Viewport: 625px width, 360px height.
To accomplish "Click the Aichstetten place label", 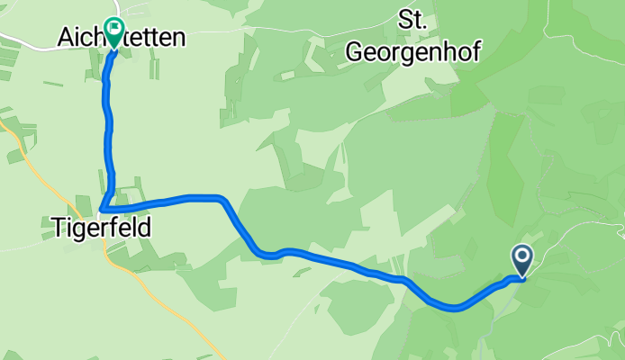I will click(122, 37).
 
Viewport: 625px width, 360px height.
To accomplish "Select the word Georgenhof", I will click(413, 52).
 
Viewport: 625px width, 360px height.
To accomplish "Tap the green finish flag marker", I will click(114, 32).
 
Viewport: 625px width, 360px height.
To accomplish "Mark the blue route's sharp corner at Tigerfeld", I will click(104, 210).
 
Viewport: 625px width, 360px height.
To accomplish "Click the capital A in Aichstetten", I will click(65, 37).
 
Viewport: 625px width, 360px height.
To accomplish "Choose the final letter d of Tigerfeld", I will click(143, 229).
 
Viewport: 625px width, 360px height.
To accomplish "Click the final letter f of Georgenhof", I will click(476, 52).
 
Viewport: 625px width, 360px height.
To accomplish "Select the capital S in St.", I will click(405, 20).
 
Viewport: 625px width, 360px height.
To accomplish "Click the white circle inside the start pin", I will click(522, 256).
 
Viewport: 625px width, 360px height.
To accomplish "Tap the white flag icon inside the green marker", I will click(114, 29).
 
